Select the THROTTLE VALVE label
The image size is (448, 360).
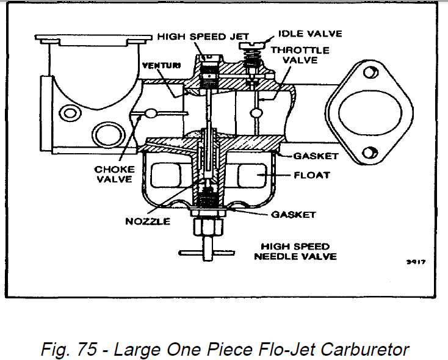click(x=300, y=55)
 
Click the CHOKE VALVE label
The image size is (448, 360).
click(x=114, y=174)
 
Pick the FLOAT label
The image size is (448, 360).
click(x=313, y=175)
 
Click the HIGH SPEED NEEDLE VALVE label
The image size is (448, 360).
click(x=295, y=251)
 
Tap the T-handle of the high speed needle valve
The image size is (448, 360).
click(x=205, y=251)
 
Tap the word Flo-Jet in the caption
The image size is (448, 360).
click(x=280, y=349)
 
